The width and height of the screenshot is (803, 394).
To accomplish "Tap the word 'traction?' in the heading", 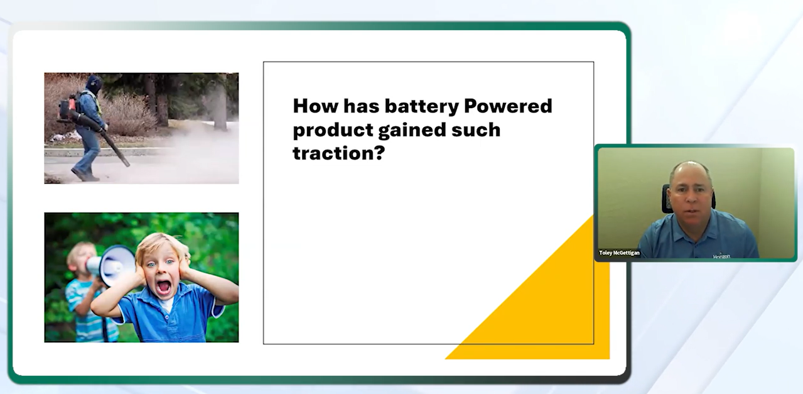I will pos(338,153).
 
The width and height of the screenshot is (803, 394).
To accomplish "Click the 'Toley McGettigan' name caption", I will pos(619,253).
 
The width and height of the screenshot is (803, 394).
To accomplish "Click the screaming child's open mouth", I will pos(163,287).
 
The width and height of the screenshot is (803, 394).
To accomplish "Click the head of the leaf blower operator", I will pos(94,84).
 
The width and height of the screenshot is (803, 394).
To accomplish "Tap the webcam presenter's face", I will pos(689,194).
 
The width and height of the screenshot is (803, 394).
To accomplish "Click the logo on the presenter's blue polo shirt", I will pos(721,256).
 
